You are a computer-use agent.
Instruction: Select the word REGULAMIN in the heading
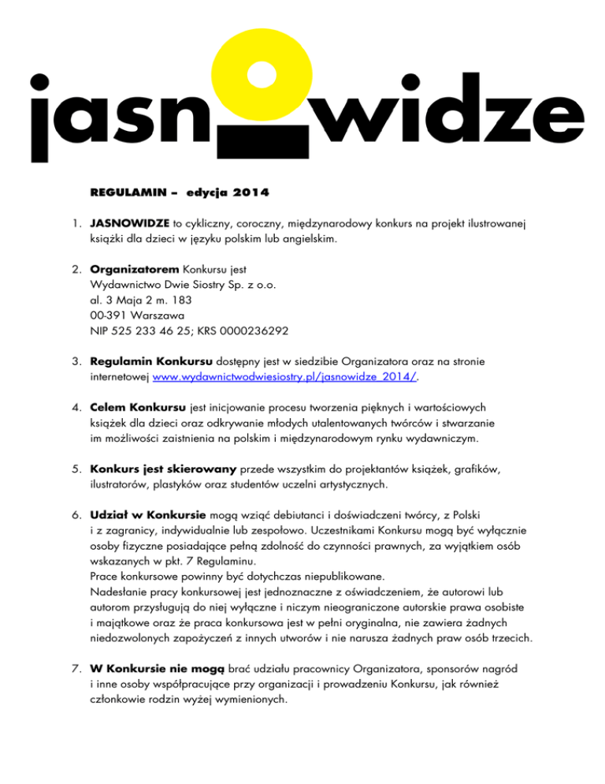point(128,192)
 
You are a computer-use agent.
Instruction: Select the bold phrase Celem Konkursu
point(139,409)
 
